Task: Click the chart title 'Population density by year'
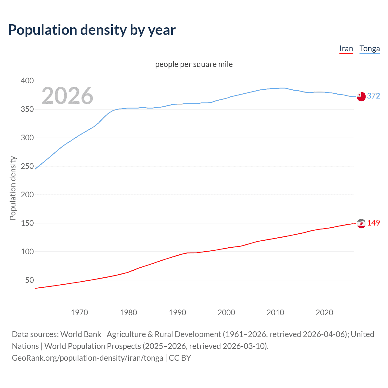click(92, 30)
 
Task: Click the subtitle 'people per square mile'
click(194, 64)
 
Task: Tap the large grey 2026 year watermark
click(67, 95)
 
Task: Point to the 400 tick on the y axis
click(27, 81)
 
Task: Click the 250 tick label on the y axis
click(27, 166)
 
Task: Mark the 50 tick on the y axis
click(29, 280)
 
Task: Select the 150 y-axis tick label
click(27, 223)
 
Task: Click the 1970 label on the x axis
click(79, 313)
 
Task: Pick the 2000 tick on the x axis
click(226, 313)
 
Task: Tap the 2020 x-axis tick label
click(324, 313)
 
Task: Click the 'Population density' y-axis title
click(13, 188)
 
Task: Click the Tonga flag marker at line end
click(361, 96)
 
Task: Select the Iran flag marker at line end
click(361, 223)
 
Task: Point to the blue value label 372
click(373, 96)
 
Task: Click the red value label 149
click(373, 223)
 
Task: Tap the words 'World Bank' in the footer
click(81, 334)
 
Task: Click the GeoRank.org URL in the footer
click(87, 358)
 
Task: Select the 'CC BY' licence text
click(180, 358)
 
